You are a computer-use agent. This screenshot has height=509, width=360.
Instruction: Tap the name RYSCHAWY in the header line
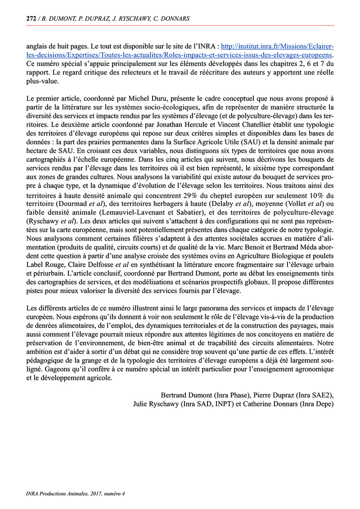[x=135, y=18]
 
